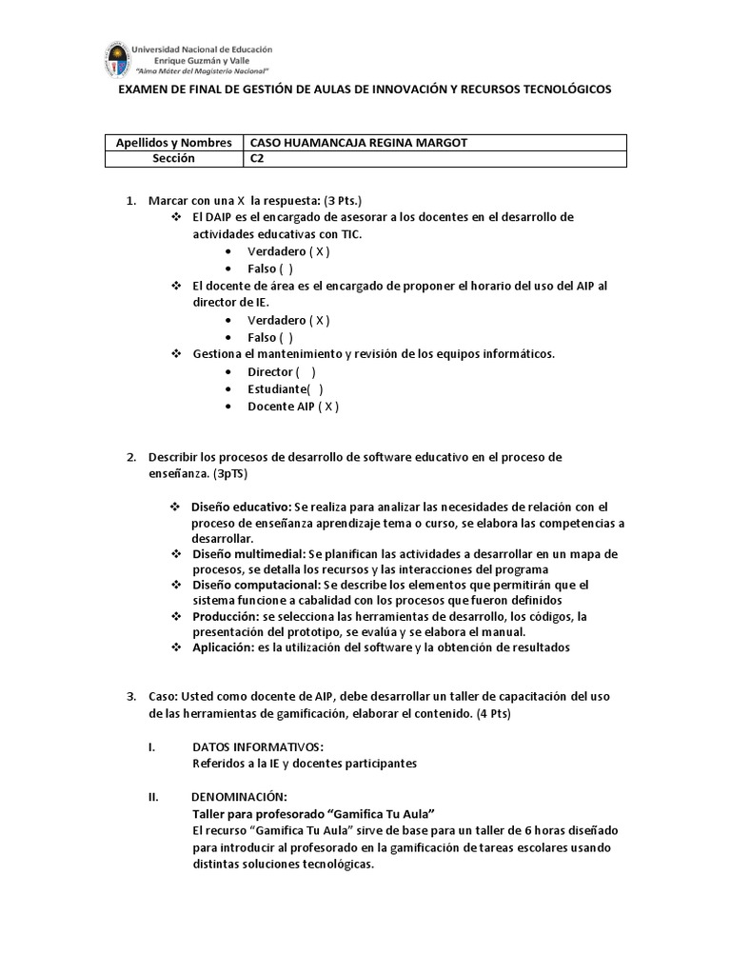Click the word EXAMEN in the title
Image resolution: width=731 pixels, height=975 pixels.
click(x=145, y=89)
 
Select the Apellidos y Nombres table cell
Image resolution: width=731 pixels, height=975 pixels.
click(x=173, y=143)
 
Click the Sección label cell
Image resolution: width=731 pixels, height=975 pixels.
click(x=173, y=159)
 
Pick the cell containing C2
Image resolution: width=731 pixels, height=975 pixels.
click(x=257, y=159)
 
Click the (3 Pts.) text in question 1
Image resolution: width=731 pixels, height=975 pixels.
click(x=343, y=200)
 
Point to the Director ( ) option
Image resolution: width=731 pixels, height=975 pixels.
click(x=281, y=371)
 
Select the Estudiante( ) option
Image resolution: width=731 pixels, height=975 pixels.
click(x=285, y=388)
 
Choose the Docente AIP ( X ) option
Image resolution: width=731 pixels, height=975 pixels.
click(x=292, y=406)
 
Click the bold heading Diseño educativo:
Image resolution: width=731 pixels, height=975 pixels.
click(x=242, y=507)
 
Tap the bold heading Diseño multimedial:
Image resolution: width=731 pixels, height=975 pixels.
click(x=247, y=553)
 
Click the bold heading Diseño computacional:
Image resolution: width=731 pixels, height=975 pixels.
click(x=255, y=585)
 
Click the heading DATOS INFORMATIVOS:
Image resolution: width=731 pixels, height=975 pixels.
click(x=257, y=747)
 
